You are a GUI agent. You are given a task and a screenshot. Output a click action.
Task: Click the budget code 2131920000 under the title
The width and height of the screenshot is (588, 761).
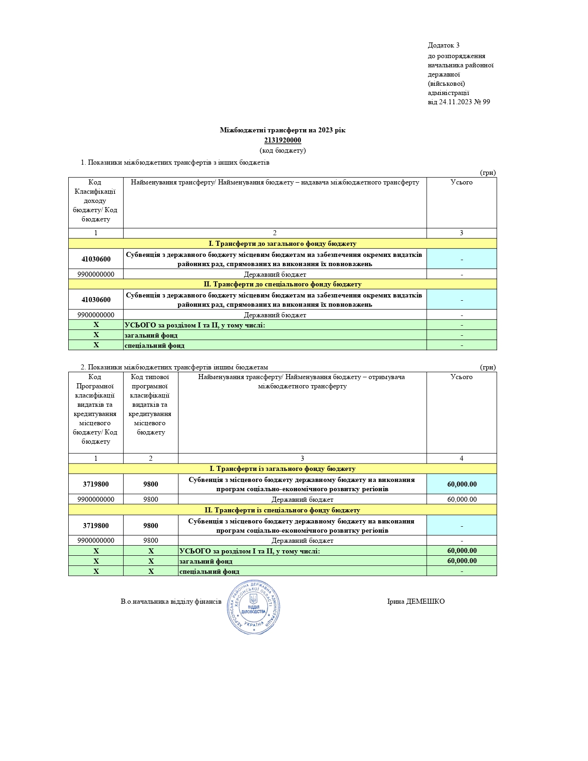point(282,140)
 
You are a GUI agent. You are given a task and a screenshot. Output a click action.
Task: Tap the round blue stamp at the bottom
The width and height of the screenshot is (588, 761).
point(254,607)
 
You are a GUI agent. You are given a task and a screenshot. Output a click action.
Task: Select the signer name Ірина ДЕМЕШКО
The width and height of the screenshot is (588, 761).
point(416,601)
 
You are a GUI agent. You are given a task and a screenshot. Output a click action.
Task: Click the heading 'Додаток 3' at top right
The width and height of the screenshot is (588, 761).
point(443,45)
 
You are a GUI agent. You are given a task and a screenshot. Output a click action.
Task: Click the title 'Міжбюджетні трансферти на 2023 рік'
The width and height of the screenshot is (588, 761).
point(282,130)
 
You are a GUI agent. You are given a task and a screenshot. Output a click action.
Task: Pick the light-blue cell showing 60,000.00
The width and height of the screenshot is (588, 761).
point(462,484)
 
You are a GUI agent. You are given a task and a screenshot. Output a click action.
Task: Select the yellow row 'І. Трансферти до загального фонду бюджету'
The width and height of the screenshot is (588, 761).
point(282,244)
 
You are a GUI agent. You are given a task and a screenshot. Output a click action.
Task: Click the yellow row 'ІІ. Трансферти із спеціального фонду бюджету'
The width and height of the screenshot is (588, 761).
point(282,510)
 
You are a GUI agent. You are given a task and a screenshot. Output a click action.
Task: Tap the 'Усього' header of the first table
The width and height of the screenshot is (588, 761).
point(461,183)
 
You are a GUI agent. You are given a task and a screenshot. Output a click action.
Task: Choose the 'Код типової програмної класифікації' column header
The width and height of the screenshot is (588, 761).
point(150,404)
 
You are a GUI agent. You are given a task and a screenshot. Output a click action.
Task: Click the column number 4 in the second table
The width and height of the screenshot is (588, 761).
point(461,458)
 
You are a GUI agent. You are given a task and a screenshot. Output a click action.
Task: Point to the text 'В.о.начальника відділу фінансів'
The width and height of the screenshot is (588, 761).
point(171,601)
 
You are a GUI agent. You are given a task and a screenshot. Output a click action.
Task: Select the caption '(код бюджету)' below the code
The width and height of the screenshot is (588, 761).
point(282,150)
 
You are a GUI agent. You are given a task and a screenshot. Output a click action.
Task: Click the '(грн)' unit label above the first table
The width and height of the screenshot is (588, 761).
point(487,172)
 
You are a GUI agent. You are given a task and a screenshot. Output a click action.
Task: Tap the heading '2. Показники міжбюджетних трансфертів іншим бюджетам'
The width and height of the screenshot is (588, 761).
point(174,367)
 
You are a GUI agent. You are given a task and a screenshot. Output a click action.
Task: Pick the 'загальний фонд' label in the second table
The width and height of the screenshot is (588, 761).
point(206,561)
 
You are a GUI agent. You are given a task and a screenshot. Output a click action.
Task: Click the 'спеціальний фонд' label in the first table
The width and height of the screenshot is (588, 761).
point(154,345)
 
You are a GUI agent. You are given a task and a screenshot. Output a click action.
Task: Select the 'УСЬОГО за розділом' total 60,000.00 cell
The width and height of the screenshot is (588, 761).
point(462,551)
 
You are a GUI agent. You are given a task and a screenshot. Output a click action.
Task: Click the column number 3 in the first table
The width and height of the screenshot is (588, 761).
point(461,233)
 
